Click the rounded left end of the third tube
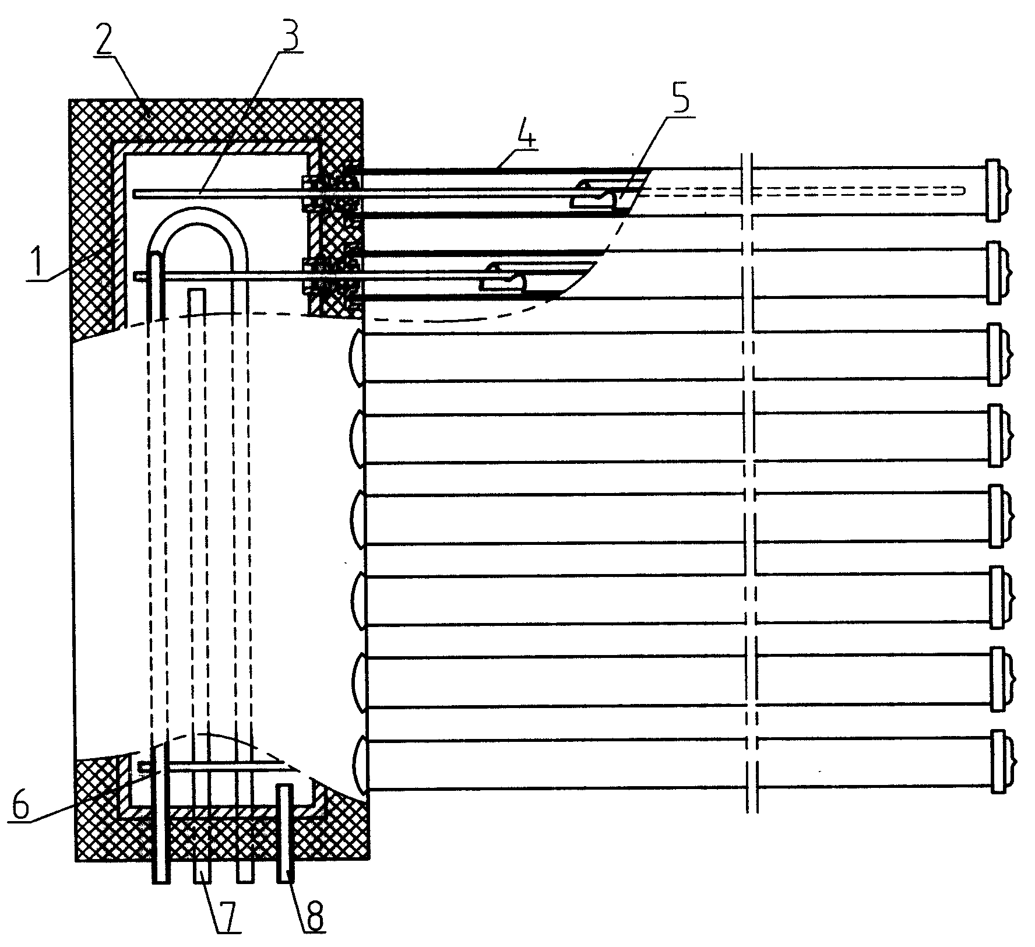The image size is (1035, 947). [356, 357]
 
